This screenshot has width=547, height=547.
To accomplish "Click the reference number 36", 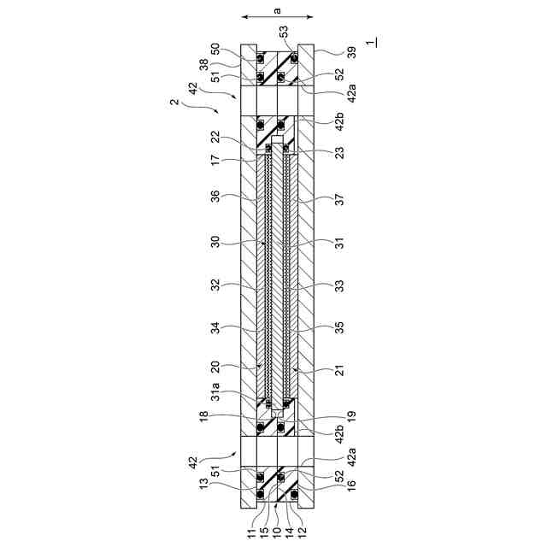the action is [x=216, y=197].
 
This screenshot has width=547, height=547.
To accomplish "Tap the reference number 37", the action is [x=339, y=200].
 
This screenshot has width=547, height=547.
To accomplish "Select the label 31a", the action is [x=216, y=391].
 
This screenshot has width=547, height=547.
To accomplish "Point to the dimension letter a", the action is [x=277, y=11].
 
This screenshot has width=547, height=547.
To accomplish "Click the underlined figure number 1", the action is [x=372, y=42].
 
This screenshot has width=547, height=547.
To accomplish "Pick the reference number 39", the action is [x=352, y=53].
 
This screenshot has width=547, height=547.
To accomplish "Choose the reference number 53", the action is [x=285, y=32].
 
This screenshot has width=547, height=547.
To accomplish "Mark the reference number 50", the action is [x=216, y=50].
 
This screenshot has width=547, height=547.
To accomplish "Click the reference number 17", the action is [x=216, y=160].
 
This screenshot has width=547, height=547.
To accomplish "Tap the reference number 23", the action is [x=339, y=152].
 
